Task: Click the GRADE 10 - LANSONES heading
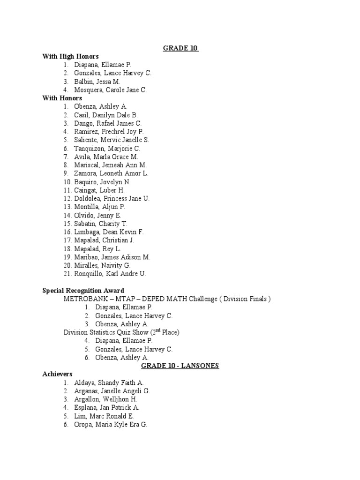(x=180, y=366)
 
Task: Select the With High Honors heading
(x=71, y=56)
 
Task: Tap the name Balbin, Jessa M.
(x=97, y=82)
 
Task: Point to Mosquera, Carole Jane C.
(x=110, y=90)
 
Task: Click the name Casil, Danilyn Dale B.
(x=105, y=115)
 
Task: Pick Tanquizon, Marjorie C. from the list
(x=107, y=149)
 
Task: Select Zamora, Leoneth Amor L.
(x=111, y=173)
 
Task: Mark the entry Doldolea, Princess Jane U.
(x=112, y=198)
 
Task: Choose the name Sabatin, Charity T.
(x=100, y=224)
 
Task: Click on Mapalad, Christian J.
(x=104, y=240)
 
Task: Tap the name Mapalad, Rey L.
(x=97, y=249)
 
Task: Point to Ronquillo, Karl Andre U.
(x=110, y=274)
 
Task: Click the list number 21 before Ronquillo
(x=67, y=274)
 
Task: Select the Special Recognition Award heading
(x=83, y=291)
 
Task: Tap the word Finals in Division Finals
(x=257, y=299)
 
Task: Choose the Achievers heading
(x=57, y=374)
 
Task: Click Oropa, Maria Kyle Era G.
(x=110, y=424)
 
